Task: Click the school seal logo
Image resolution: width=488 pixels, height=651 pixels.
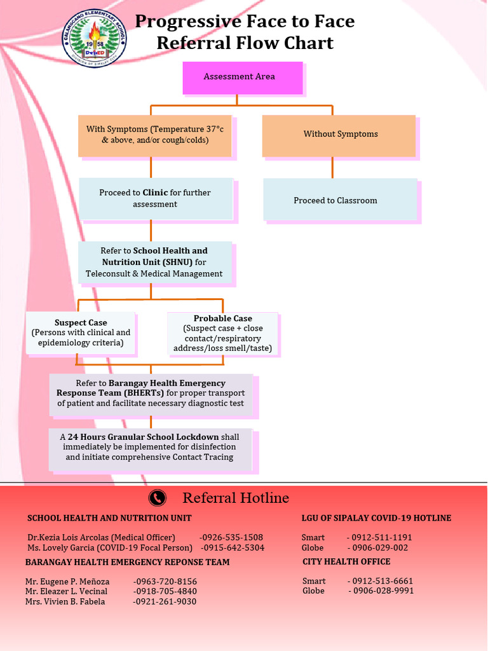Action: click(x=95, y=36)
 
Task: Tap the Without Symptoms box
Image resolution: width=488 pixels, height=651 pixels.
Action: click(x=339, y=135)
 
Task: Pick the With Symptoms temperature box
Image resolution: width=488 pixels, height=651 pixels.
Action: click(x=154, y=135)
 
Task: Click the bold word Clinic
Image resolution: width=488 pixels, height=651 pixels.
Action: click(x=155, y=193)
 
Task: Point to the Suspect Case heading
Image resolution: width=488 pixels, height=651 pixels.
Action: click(x=81, y=323)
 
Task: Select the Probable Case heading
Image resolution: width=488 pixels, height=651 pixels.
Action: click(x=222, y=319)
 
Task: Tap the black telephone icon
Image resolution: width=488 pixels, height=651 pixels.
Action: click(x=157, y=498)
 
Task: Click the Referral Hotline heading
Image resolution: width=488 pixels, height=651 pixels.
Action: click(x=236, y=498)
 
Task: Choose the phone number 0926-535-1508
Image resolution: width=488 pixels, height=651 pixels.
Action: click(x=231, y=538)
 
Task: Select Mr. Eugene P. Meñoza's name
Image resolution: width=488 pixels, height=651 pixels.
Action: click(x=67, y=582)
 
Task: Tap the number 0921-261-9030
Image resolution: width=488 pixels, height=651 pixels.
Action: click(x=165, y=602)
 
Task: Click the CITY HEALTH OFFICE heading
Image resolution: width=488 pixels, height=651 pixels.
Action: click(x=346, y=562)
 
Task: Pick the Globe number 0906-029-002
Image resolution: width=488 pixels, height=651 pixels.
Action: click(x=377, y=548)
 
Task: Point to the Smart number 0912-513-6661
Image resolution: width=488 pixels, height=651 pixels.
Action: click(x=380, y=581)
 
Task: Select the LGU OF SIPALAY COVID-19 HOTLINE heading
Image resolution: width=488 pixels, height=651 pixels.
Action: click(x=376, y=518)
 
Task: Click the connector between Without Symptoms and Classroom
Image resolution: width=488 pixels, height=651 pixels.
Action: click(x=332, y=168)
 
